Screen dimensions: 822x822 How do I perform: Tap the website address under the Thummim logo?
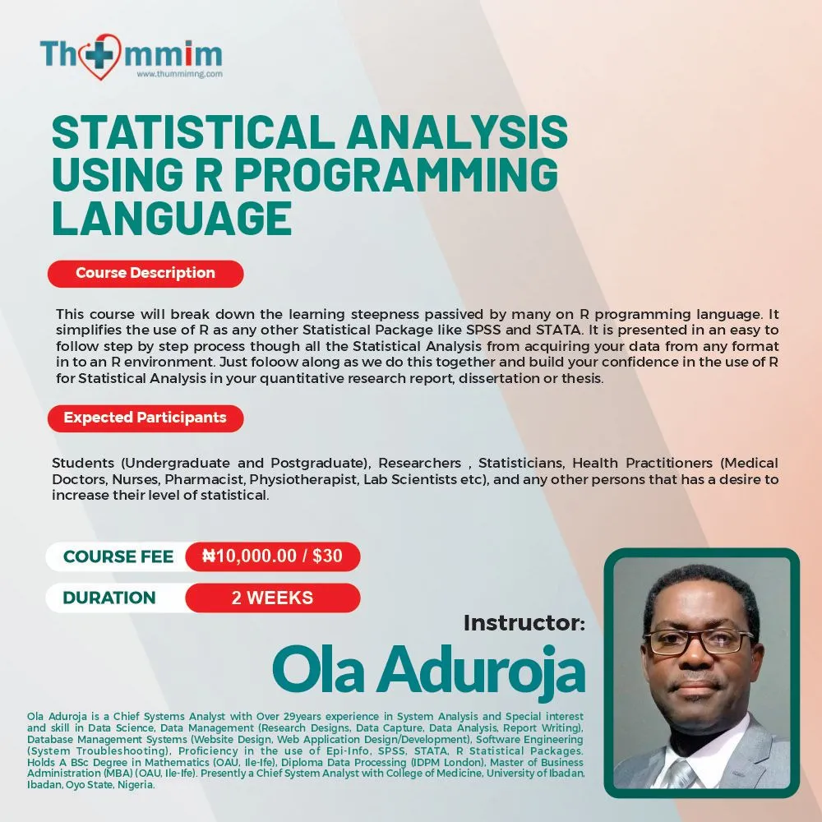[x=179, y=74]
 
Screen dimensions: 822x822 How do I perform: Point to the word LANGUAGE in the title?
[x=171, y=216]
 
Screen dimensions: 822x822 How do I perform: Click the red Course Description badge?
[x=145, y=273]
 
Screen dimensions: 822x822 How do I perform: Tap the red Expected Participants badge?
[x=145, y=418]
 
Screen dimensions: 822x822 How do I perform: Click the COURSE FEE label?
[x=118, y=556]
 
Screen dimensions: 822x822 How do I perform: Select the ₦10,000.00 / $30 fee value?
[x=272, y=556]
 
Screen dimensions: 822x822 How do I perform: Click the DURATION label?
[x=109, y=598]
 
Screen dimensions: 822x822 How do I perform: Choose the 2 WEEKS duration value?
[x=272, y=598]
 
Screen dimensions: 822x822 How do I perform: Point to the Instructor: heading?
[x=524, y=623]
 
